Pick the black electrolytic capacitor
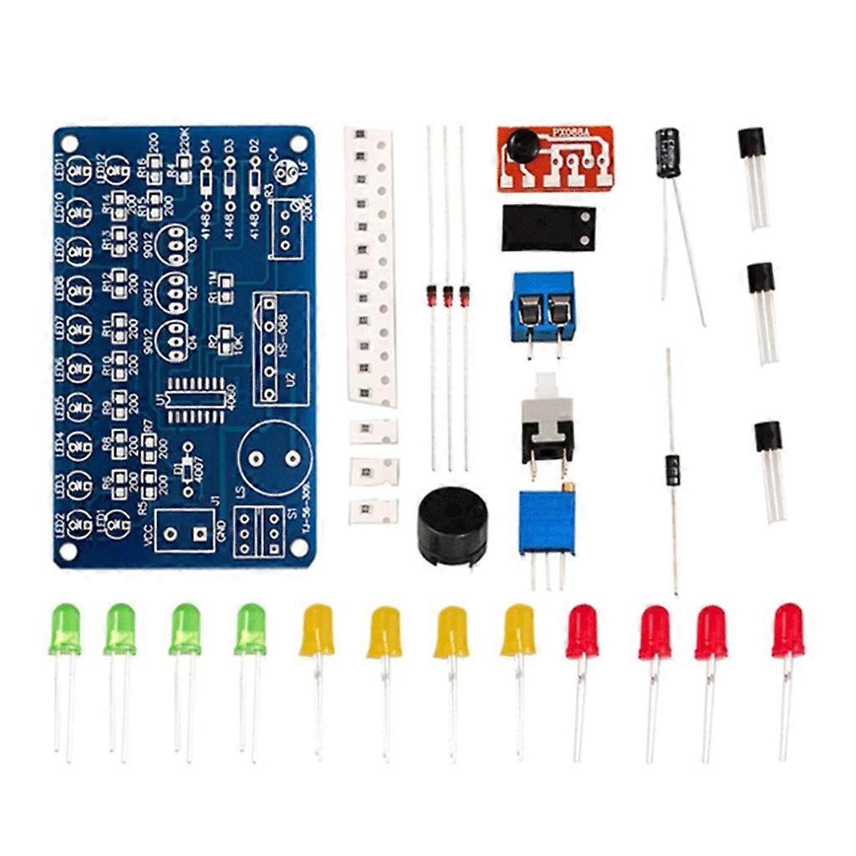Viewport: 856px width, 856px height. coord(667,152)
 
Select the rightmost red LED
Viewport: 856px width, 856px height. coord(787,630)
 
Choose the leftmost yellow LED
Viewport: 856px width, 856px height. coord(317,630)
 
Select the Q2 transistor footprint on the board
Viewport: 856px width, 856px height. coord(176,288)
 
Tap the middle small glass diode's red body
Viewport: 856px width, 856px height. coord(448,294)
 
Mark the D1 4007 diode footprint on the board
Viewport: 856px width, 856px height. coord(187,466)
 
